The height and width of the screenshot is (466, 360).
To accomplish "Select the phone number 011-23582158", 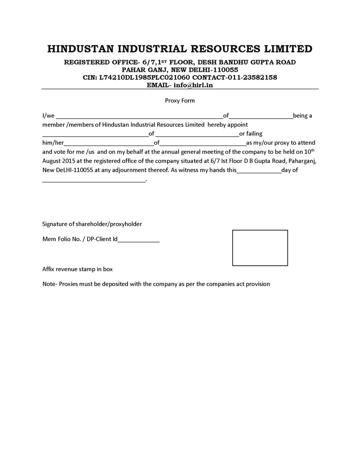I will (x=254, y=77).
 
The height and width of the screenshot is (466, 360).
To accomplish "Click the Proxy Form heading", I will (x=180, y=101).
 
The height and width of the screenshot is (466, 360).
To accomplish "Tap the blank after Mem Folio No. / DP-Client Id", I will (x=139, y=240).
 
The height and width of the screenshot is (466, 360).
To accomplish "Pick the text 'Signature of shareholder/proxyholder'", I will (x=92, y=224).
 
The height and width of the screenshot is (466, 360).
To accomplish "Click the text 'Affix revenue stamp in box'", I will (x=78, y=269).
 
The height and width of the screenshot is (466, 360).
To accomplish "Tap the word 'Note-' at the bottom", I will (x=50, y=284).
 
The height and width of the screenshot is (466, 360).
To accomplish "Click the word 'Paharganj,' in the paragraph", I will (x=303, y=161).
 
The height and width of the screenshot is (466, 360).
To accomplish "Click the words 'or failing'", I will (x=250, y=134).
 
